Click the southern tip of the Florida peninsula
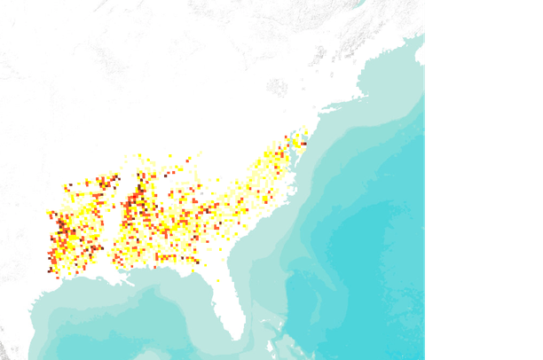pos(237,337)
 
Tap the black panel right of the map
pos(484,177)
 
